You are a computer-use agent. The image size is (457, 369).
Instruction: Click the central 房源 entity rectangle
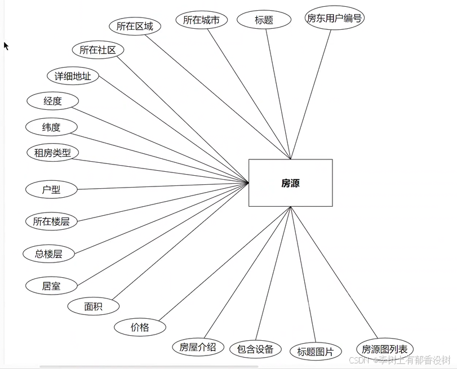pos(290,183)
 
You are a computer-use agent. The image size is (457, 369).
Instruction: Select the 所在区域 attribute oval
pos(135,26)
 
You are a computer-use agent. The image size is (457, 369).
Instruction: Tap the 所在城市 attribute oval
pos(201,20)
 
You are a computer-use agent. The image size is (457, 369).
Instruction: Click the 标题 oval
pos(264,20)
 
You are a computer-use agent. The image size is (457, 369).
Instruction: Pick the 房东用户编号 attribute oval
pos(334,18)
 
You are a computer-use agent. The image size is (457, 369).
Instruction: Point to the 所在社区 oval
pos(97,50)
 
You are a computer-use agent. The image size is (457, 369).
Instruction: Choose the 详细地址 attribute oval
pos(73,76)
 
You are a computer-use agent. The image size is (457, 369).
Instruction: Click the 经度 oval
pos(52,101)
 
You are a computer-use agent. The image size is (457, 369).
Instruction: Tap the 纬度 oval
pos(51,127)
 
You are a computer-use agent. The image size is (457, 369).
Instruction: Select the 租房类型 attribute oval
pos(52,152)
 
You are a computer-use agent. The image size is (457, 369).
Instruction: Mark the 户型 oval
pos(51,190)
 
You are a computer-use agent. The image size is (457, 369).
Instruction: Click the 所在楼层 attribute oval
pos(51,221)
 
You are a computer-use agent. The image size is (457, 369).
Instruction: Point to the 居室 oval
pos(51,286)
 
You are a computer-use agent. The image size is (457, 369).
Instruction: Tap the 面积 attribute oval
pos(94,306)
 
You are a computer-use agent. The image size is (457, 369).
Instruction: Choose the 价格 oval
pos(140,327)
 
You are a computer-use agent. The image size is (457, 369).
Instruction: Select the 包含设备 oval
pos(255,349)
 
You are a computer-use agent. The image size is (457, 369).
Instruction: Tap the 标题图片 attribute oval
pos(316,352)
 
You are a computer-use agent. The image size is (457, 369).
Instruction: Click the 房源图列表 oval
pos(385,349)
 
